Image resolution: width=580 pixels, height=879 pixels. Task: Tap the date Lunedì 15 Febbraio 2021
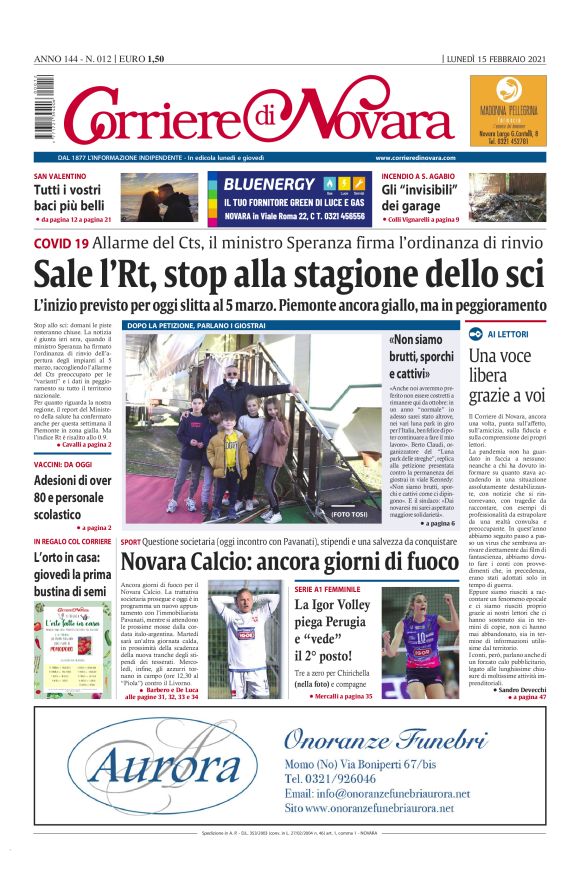(495, 59)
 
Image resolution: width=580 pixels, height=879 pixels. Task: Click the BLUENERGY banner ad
(290, 198)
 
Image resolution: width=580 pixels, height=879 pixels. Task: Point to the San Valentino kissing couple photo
(159, 197)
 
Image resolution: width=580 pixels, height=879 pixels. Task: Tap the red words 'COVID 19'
(61, 242)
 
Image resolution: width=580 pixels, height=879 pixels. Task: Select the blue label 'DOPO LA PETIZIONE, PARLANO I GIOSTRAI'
(194, 326)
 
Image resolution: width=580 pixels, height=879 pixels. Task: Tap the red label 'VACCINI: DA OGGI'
(63, 464)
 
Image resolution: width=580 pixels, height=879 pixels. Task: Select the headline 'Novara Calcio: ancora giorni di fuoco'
(289, 562)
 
